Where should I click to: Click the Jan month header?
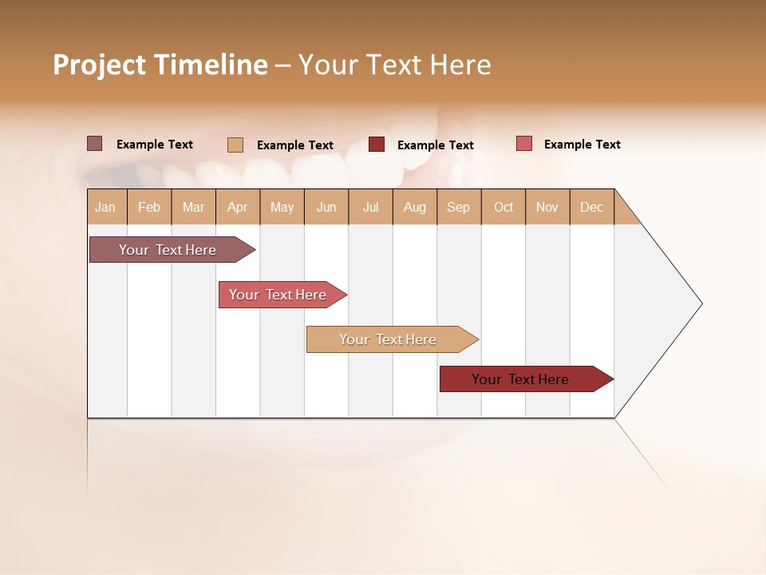tap(106, 207)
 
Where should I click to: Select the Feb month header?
tap(149, 207)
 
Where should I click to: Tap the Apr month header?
tap(238, 207)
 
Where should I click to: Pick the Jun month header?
tap(326, 207)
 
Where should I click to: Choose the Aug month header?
tap(415, 207)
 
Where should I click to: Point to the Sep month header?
tap(459, 207)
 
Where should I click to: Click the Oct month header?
tap(503, 207)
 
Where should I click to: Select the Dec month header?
tap(592, 207)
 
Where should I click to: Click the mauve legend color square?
tap(95, 144)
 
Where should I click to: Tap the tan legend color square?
tap(235, 145)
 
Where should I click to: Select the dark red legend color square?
tap(377, 145)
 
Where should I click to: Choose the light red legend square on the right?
tap(524, 144)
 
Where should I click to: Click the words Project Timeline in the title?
tap(160, 65)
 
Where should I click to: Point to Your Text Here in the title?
tap(394, 65)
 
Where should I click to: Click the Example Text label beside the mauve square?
tap(155, 145)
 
